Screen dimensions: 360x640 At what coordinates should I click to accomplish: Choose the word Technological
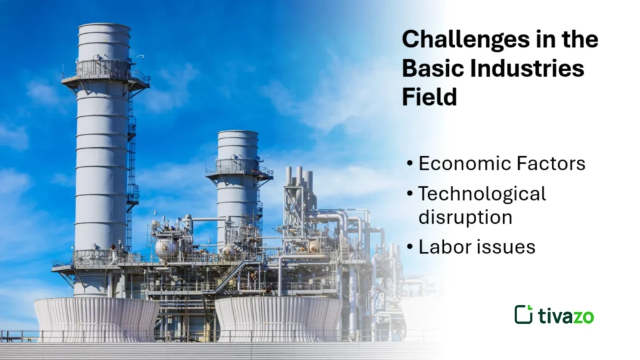pyautogui.click(x=482, y=194)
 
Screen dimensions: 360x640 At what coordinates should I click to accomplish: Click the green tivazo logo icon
pyautogui.click(x=523, y=314)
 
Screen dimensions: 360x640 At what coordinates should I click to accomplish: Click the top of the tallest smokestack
pyautogui.click(x=104, y=28)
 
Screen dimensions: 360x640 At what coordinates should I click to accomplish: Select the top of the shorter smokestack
pyautogui.click(x=237, y=134)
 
